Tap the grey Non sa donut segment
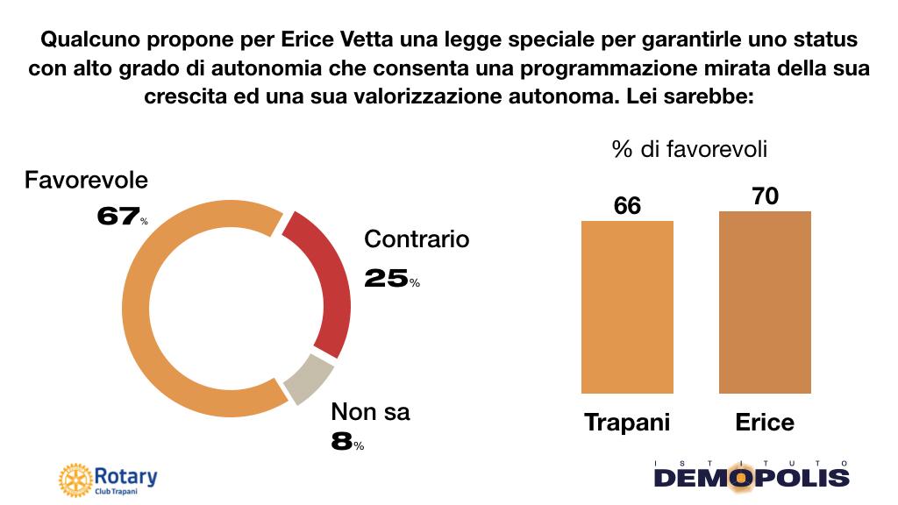tap(310, 379)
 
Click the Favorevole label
tap(86, 181)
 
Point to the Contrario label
tap(417, 239)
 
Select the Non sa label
tap(370, 411)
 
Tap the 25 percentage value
tap(387, 278)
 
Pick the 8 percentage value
tap(342, 441)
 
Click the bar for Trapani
tap(628, 306)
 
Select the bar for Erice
tap(765, 302)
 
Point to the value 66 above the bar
tap(628, 205)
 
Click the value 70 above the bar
tap(765, 196)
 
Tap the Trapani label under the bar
tap(627, 423)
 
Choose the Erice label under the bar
tap(764, 423)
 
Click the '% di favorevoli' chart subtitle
tap(689, 150)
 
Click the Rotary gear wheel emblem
tap(74, 480)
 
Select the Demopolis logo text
tap(752, 478)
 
